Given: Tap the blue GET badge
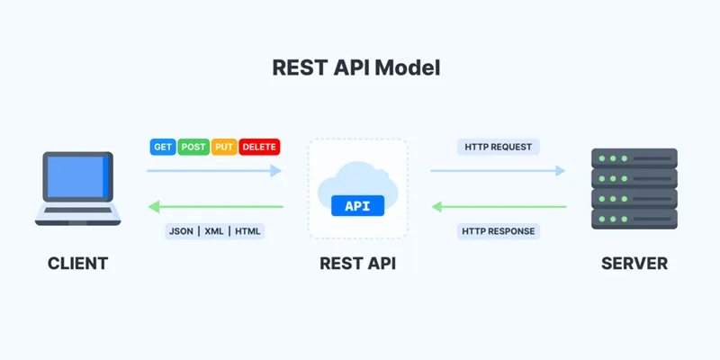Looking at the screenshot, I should point(163,147).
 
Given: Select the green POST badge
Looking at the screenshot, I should point(193,147).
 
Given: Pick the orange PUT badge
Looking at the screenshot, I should point(224,147).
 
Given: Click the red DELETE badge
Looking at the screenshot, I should point(259,147).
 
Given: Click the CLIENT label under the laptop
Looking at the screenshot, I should point(77,264).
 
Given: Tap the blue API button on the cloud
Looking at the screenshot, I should point(357,206).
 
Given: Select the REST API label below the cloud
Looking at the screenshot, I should point(357,264).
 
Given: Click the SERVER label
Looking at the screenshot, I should point(634,264).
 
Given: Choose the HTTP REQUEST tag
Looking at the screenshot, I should point(498,147).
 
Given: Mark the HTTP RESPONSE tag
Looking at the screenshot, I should point(498,231).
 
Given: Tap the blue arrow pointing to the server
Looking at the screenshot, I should point(498,169).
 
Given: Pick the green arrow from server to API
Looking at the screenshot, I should point(498,207).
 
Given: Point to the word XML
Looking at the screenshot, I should point(215,231).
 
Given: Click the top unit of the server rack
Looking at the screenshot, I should point(634,158).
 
